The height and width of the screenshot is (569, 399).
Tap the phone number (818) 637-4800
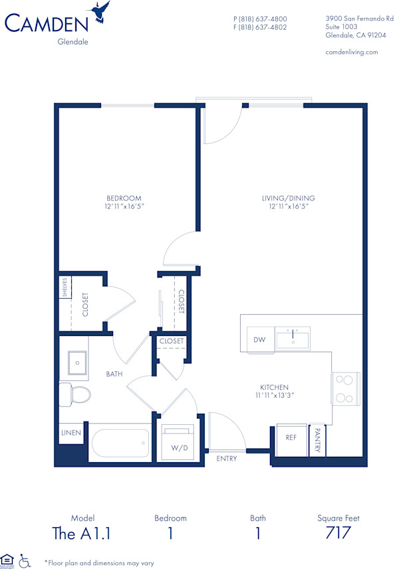[x=260, y=19]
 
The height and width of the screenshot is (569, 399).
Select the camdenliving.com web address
[x=351, y=52]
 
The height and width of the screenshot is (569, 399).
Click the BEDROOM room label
[x=124, y=198]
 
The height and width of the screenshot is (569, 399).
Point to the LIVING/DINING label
[x=287, y=198]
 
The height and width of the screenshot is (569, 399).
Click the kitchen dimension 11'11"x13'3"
[x=274, y=395]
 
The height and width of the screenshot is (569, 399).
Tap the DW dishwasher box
[x=259, y=340]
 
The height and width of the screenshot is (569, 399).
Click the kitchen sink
[x=292, y=339]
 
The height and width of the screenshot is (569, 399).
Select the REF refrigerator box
[x=291, y=438]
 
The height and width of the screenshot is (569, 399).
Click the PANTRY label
[x=317, y=440]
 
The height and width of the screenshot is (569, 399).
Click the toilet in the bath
[x=74, y=394]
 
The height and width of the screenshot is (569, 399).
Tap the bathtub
[x=120, y=442]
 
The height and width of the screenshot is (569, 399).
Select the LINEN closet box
[x=72, y=433]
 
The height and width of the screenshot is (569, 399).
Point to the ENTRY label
[x=227, y=458]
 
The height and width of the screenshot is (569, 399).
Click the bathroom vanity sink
[x=77, y=363]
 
